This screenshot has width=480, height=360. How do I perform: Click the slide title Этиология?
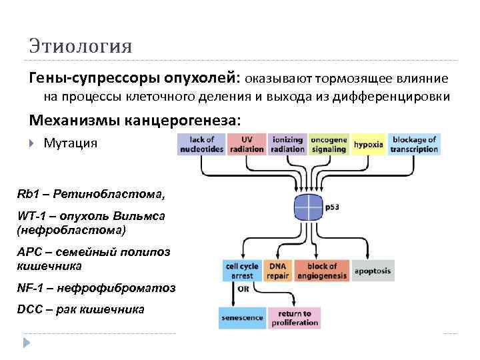click(x=80, y=47)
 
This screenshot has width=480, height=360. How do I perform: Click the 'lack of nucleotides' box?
click(x=201, y=145)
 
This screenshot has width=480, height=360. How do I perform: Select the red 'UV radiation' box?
click(x=246, y=145)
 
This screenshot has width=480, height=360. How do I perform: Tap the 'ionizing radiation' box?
click(x=287, y=145)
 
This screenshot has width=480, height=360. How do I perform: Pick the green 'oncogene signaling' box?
click(x=329, y=145)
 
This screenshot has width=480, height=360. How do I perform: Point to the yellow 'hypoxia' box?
click(x=369, y=145)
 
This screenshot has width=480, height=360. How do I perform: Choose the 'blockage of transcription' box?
click(x=414, y=145)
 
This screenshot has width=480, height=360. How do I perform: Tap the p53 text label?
click(x=333, y=208)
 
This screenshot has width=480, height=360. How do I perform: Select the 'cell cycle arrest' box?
click(x=240, y=270)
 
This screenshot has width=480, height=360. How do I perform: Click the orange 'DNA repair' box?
click(x=277, y=270)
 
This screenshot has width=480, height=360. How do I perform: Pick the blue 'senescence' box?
click(x=241, y=318)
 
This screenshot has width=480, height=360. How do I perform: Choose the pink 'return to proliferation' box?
click(x=294, y=318)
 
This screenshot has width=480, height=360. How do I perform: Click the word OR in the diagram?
click(x=243, y=289)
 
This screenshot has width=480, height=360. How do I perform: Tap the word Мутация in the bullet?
click(x=70, y=143)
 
